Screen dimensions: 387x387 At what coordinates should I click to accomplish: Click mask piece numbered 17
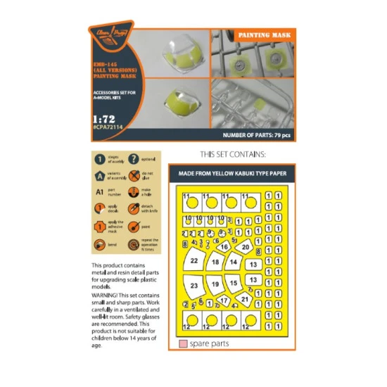tap(224, 300)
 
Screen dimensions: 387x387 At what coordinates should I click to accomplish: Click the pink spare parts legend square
tap(182, 344)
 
